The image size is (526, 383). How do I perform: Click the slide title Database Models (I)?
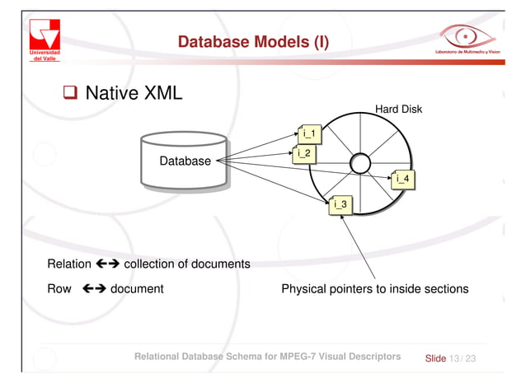(x=253, y=41)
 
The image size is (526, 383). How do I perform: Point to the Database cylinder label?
(x=185, y=161)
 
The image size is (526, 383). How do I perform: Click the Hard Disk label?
(x=398, y=108)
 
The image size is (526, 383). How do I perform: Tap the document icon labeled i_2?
(x=303, y=152)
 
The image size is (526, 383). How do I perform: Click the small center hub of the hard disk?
(x=359, y=163)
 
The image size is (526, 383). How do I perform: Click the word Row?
(x=60, y=289)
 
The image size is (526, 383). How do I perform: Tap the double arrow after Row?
(x=94, y=289)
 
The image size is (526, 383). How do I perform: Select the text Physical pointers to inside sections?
(x=374, y=289)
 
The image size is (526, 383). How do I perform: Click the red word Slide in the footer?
(x=434, y=358)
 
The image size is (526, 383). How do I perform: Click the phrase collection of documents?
(x=186, y=264)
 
